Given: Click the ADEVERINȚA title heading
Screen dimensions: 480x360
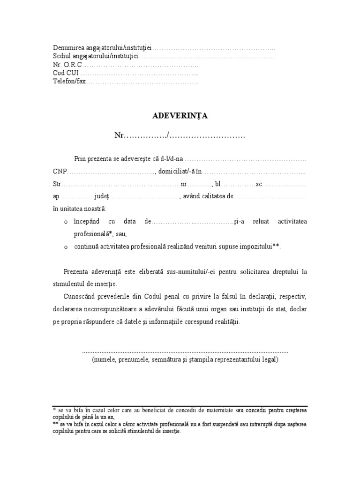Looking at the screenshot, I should [x=180, y=116].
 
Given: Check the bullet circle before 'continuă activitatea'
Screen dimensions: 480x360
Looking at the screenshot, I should [x=66, y=247].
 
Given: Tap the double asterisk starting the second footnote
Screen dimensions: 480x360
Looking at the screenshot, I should [x=55, y=423].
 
